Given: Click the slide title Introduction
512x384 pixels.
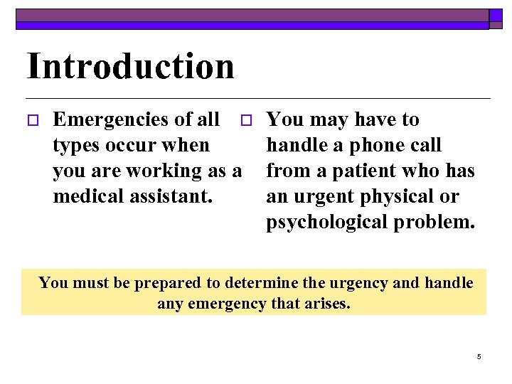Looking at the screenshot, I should [x=130, y=66].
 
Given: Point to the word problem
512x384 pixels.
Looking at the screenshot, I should [x=434, y=222].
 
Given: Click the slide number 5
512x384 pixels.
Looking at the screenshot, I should [x=479, y=356].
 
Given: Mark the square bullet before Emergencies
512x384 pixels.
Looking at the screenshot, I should [x=31, y=120].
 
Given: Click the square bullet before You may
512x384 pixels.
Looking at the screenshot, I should [x=245, y=120].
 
